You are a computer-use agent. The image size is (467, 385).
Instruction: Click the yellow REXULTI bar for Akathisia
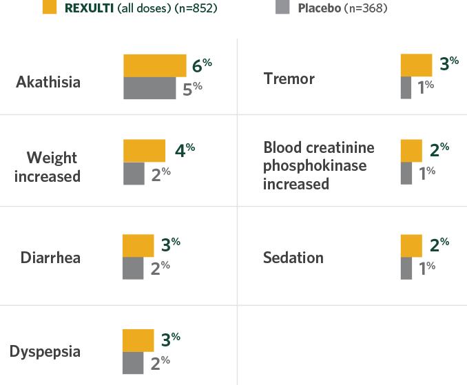(x=154, y=65)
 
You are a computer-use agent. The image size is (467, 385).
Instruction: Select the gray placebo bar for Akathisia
(x=149, y=88)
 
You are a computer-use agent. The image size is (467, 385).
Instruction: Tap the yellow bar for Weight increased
(x=144, y=150)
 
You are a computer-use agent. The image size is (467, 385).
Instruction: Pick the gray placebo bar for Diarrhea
(x=133, y=268)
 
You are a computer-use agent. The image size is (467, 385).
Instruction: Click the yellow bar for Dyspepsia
(x=138, y=340)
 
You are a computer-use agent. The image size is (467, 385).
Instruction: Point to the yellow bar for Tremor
(x=416, y=66)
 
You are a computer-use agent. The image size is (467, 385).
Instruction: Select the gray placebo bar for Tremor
(x=406, y=87)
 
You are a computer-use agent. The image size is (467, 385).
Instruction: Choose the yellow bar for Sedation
(x=411, y=246)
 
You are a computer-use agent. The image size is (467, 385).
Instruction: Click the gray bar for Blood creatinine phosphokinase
(x=406, y=173)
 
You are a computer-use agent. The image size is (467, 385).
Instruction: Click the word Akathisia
(x=48, y=82)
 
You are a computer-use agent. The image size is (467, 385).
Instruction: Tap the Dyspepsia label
(x=45, y=352)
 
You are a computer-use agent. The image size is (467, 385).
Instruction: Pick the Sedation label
(x=293, y=258)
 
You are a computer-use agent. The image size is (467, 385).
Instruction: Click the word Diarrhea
(x=50, y=258)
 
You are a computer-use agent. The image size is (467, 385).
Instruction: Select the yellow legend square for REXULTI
(x=49, y=8)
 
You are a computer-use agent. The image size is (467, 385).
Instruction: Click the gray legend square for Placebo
(x=281, y=8)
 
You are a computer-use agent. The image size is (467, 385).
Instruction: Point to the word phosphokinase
(x=315, y=166)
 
